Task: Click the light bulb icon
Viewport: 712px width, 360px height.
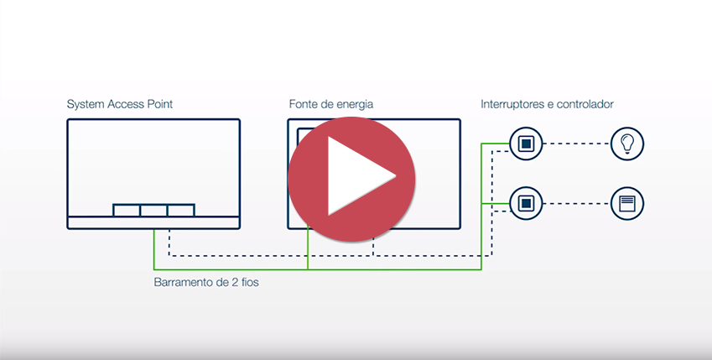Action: (626, 143)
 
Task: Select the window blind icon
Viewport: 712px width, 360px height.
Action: (626, 203)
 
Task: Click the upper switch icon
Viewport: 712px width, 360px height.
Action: (525, 143)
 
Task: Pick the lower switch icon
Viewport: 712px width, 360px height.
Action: (525, 203)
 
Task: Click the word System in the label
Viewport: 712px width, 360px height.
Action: (86, 105)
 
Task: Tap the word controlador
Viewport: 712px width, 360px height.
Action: (585, 105)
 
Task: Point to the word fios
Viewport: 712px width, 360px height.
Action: (247, 283)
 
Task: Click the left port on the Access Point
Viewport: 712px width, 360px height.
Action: (127, 210)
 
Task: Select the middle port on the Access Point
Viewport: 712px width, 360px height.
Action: (153, 210)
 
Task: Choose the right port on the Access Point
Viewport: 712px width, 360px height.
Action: (180, 210)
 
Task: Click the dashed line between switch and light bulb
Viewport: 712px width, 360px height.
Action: (576, 143)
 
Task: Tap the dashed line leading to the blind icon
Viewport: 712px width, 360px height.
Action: (576, 203)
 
